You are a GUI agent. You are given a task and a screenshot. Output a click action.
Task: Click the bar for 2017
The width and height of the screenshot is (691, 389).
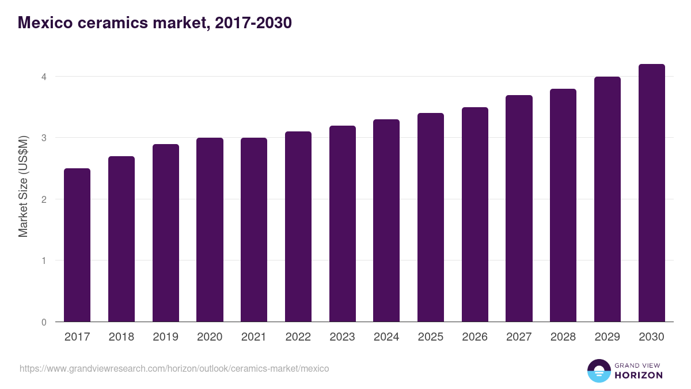coord(77,245)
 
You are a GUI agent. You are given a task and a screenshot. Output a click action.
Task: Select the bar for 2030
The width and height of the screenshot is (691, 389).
coord(651,193)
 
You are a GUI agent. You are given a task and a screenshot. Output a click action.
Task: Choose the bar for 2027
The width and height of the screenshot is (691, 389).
coord(519,208)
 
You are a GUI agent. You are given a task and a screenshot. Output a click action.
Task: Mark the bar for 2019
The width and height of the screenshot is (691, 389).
coord(166,233)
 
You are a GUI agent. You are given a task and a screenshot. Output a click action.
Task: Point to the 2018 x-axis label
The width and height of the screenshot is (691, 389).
coord(122,337)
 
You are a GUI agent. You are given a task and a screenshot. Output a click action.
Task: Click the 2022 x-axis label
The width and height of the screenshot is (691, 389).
coord(298,337)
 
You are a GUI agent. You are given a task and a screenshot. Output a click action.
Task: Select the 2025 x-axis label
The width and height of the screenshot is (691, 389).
coord(431,337)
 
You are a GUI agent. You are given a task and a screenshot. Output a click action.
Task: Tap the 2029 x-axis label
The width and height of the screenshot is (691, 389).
coord(608,337)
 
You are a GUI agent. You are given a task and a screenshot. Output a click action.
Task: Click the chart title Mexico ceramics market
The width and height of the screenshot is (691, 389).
coord(155,23)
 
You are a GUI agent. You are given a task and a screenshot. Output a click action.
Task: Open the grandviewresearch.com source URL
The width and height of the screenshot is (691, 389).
coord(174,368)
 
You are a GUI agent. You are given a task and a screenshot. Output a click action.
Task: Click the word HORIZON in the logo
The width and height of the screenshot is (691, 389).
coord(639,375)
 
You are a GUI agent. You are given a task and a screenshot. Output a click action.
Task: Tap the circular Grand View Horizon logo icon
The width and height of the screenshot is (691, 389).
coord(599,371)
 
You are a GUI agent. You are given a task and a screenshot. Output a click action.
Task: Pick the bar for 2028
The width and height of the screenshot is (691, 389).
coord(563,205)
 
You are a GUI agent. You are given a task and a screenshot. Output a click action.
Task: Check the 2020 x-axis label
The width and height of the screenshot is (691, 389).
coord(210,337)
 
